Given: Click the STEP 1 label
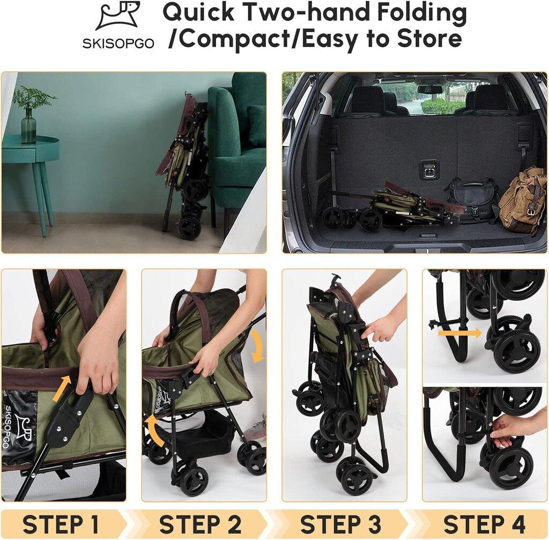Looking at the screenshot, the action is coord(61,524).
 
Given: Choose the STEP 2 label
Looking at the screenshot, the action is coord(201,524).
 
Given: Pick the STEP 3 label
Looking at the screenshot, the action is coord(340,524).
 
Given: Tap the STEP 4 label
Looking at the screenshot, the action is coord(484,524).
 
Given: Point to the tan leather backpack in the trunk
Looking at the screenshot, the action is coord(522,200).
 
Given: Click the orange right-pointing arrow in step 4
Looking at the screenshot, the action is coord(460,333).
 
